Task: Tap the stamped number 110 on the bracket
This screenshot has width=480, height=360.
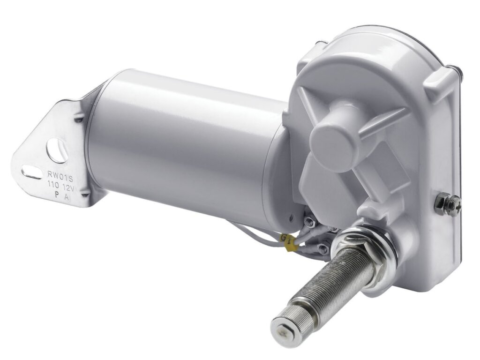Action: (52, 184)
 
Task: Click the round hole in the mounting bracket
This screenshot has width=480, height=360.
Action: (57, 150)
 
